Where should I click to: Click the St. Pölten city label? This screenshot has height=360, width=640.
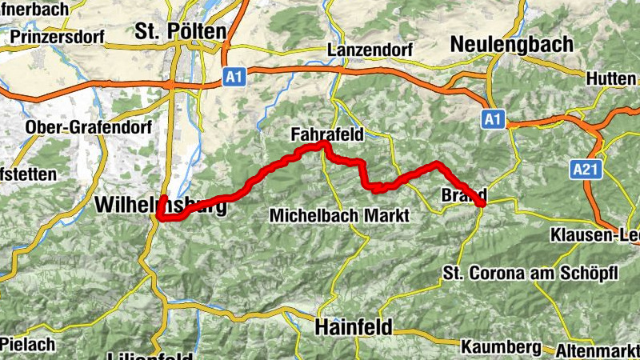tap(180, 31)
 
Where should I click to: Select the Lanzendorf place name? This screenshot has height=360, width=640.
tap(370, 50)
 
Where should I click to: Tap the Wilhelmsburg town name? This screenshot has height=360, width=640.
tap(160, 205)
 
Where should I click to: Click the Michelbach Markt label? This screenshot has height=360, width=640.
tap(339, 216)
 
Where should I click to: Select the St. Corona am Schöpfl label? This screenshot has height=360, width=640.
tap(530, 274)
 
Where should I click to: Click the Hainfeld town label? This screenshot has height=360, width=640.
tap(353, 327)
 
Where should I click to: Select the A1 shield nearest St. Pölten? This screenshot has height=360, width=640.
tap(233, 78)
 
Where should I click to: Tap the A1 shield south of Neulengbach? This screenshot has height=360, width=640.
tap(493, 120)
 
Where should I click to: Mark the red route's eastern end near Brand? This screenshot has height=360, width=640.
tap(482, 205)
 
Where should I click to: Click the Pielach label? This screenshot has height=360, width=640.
tap(27, 345)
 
